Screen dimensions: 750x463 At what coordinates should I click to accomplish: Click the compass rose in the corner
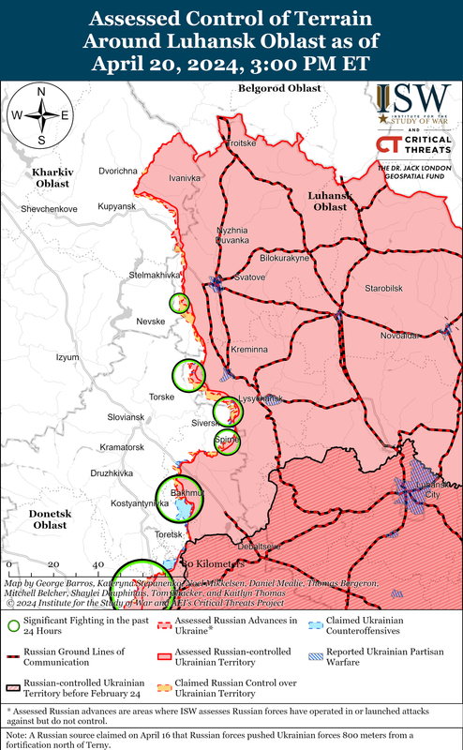[x=41, y=115]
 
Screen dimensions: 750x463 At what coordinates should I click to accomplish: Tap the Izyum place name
[x=68, y=357]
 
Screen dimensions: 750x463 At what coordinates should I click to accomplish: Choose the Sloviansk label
[x=126, y=416]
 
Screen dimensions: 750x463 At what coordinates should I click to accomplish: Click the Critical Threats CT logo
[x=389, y=143]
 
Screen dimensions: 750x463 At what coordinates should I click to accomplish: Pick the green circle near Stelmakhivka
[x=179, y=303]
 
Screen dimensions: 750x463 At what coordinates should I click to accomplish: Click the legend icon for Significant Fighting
[x=14, y=626]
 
